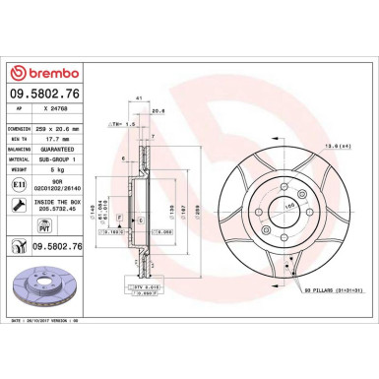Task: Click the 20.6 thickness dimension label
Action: [158, 111]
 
